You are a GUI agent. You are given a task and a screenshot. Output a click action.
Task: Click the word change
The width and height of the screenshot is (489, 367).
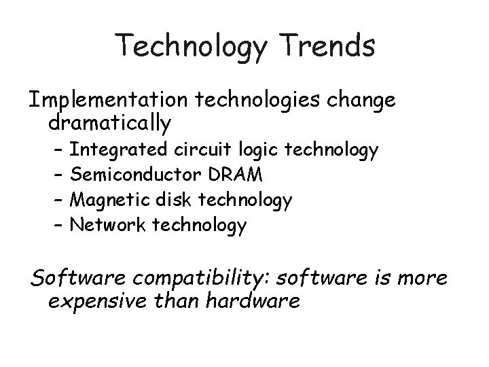(x=362, y=100)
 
